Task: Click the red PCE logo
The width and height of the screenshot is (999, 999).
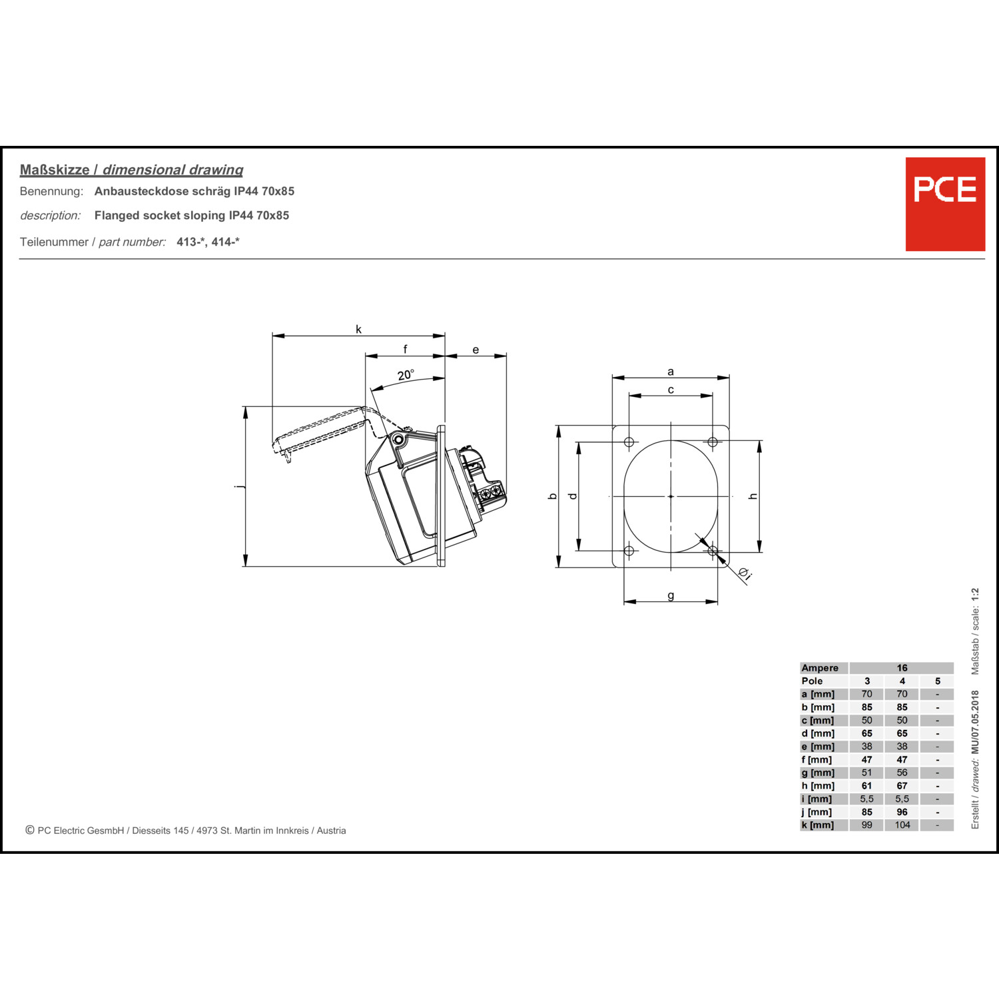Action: (945, 204)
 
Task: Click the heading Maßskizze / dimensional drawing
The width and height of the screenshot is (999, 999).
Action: (131, 170)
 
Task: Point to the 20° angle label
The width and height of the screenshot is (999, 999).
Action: (406, 375)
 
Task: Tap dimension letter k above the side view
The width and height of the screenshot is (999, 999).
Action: (358, 329)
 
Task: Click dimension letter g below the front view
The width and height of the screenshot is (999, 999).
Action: (671, 596)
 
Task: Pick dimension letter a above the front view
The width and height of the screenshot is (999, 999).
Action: (671, 372)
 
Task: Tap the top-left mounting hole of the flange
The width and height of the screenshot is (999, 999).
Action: (629, 442)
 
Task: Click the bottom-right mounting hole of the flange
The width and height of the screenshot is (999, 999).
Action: (713, 551)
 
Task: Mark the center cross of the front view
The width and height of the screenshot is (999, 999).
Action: (671, 496)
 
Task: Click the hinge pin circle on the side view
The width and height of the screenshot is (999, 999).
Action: (398, 440)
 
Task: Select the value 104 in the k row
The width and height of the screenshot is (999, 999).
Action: (902, 825)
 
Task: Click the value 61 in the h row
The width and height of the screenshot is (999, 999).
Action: (866, 786)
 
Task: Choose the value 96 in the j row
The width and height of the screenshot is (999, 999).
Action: (902, 812)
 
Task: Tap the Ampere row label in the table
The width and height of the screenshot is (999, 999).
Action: (820, 668)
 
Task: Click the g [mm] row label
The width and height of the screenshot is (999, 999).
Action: (818, 773)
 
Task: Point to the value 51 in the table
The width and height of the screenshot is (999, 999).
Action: (866, 773)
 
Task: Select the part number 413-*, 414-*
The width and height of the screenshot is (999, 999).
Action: (208, 242)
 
